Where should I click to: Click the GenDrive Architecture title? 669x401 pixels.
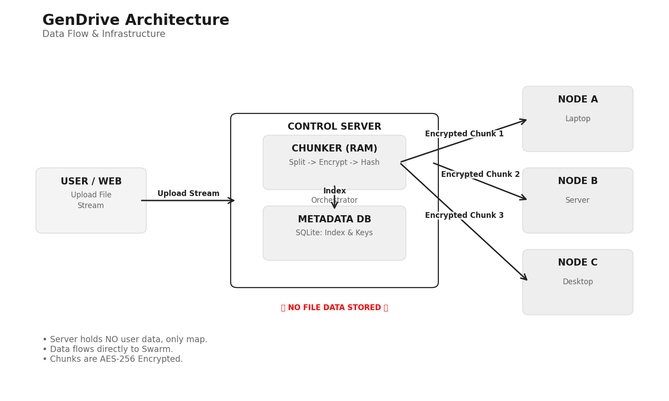click(x=136, y=20)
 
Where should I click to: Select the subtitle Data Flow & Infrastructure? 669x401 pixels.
click(x=103, y=34)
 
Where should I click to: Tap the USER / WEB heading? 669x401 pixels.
click(x=91, y=181)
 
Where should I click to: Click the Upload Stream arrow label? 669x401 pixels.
click(x=188, y=194)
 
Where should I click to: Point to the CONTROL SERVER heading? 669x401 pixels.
click(x=334, y=127)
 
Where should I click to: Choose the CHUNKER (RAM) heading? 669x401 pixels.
click(x=334, y=149)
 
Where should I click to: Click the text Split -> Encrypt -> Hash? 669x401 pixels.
click(x=334, y=163)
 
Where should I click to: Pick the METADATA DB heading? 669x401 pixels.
click(x=334, y=220)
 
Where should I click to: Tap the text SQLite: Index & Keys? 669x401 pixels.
click(x=334, y=233)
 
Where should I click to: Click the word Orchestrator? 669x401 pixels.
click(x=334, y=200)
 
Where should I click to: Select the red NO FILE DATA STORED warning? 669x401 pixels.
click(x=334, y=308)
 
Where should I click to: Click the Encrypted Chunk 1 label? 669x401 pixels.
click(x=464, y=134)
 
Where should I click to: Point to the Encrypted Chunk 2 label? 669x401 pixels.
click(x=480, y=175)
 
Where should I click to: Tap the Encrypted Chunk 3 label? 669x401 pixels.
click(x=464, y=216)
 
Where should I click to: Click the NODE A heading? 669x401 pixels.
click(x=578, y=100)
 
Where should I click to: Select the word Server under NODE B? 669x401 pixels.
click(x=577, y=200)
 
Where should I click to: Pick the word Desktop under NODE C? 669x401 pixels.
click(x=578, y=282)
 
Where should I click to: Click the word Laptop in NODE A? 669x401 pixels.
click(x=578, y=119)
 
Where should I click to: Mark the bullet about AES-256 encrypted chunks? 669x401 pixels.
click(x=112, y=359)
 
